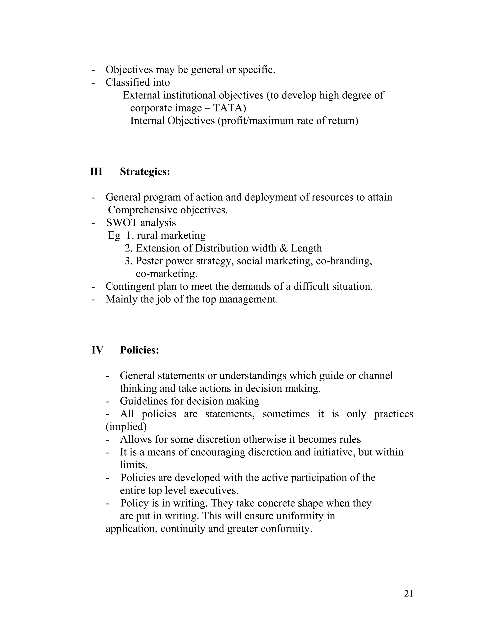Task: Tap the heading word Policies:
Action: click(x=139, y=350)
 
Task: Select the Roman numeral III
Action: click(x=96, y=172)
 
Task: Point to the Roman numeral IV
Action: click(x=97, y=350)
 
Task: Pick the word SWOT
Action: click(x=121, y=222)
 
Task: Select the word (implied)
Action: click(x=126, y=427)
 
